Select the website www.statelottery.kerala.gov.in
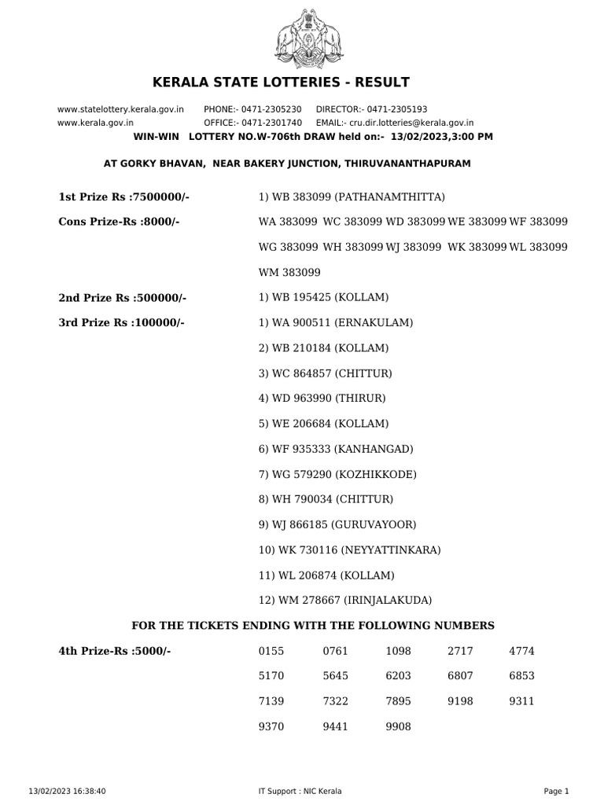pos(120,109)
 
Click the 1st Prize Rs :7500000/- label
pos(124,197)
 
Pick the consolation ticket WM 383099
pos(288,272)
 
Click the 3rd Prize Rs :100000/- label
pos(121,322)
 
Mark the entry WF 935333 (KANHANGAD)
pos(336,449)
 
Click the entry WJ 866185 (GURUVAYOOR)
pos(337,524)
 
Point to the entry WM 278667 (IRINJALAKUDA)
pos(345,600)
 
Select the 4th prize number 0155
pos(271,651)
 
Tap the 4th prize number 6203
pos(398,676)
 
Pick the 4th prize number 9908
pos(398,727)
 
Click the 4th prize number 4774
pos(522,651)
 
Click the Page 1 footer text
pos(556,791)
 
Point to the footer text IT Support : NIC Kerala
pos(300,791)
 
